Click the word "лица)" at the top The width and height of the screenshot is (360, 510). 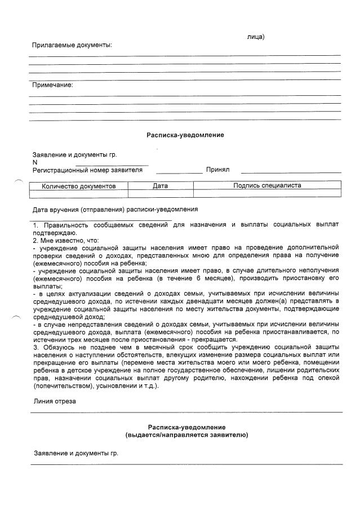[x=255, y=37]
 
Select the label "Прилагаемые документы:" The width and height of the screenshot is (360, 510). [x=72, y=45]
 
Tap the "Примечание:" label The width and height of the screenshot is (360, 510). [x=52, y=85]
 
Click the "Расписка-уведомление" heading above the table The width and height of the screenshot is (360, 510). [x=185, y=135]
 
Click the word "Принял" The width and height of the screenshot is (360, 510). [x=217, y=170]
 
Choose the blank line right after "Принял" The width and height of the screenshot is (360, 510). [x=291, y=172]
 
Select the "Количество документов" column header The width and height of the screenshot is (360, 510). [x=79, y=185]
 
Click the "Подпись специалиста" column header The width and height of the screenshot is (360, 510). [x=267, y=185]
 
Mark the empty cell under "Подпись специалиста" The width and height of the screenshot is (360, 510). [x=267, y=193]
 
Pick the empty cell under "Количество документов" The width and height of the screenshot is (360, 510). [x=79, y=193]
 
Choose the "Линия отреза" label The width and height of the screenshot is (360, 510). [x=54, y=401]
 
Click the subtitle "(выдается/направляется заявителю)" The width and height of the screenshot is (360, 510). [x=186, y=436]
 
